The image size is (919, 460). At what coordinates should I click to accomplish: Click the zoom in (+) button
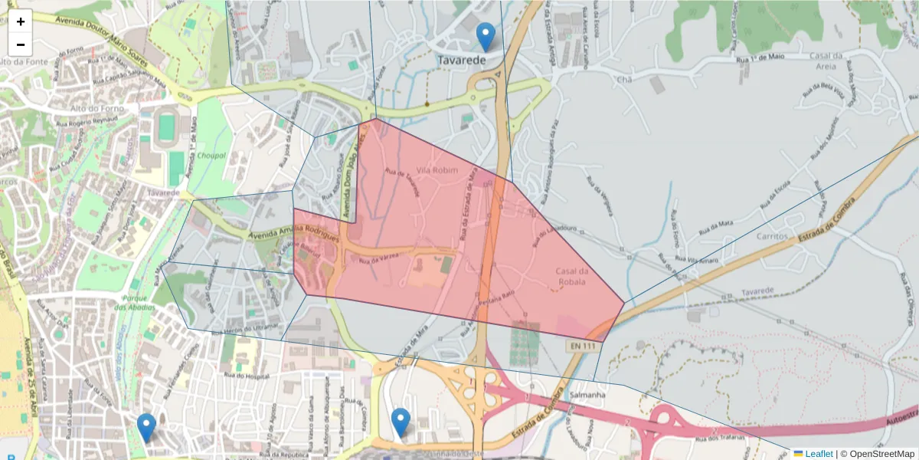(21, 21)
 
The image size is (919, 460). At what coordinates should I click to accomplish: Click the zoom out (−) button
(21, 44)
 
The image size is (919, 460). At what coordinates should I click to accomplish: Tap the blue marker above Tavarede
(485, 36)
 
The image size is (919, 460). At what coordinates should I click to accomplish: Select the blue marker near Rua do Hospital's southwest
(146, 427)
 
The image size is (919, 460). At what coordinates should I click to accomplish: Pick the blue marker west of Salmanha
(401, 422)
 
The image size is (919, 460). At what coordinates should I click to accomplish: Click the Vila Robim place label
(435, 169)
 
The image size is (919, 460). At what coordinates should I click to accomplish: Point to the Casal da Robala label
(571, 277)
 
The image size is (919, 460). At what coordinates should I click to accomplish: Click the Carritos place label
(772, 236)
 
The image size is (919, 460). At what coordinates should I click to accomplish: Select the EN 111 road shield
(583, 347)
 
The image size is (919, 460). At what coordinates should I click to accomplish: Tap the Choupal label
(211, 156)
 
